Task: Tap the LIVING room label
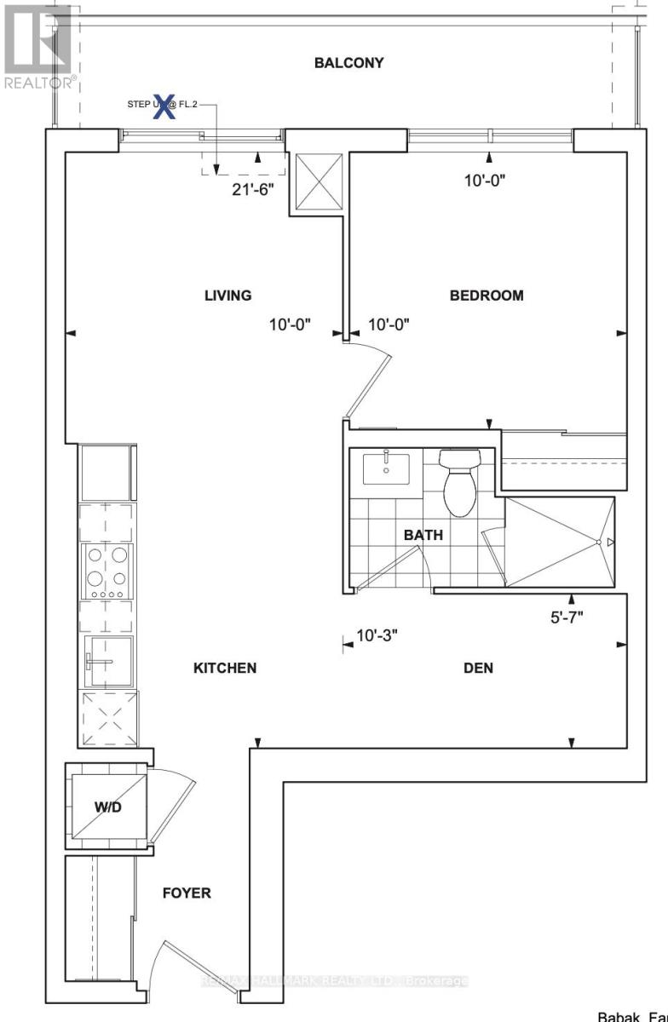click(227, 296)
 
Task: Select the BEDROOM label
click(487, 296)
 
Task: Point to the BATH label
click(423, 535)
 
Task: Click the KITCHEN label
click(225, 668)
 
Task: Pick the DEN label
click(478, 668)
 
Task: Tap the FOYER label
click(187, 893)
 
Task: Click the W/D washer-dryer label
click(107, 807)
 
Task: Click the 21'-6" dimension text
click(252, 189)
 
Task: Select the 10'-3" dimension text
click(377, 635)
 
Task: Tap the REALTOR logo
click(37, 47)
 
